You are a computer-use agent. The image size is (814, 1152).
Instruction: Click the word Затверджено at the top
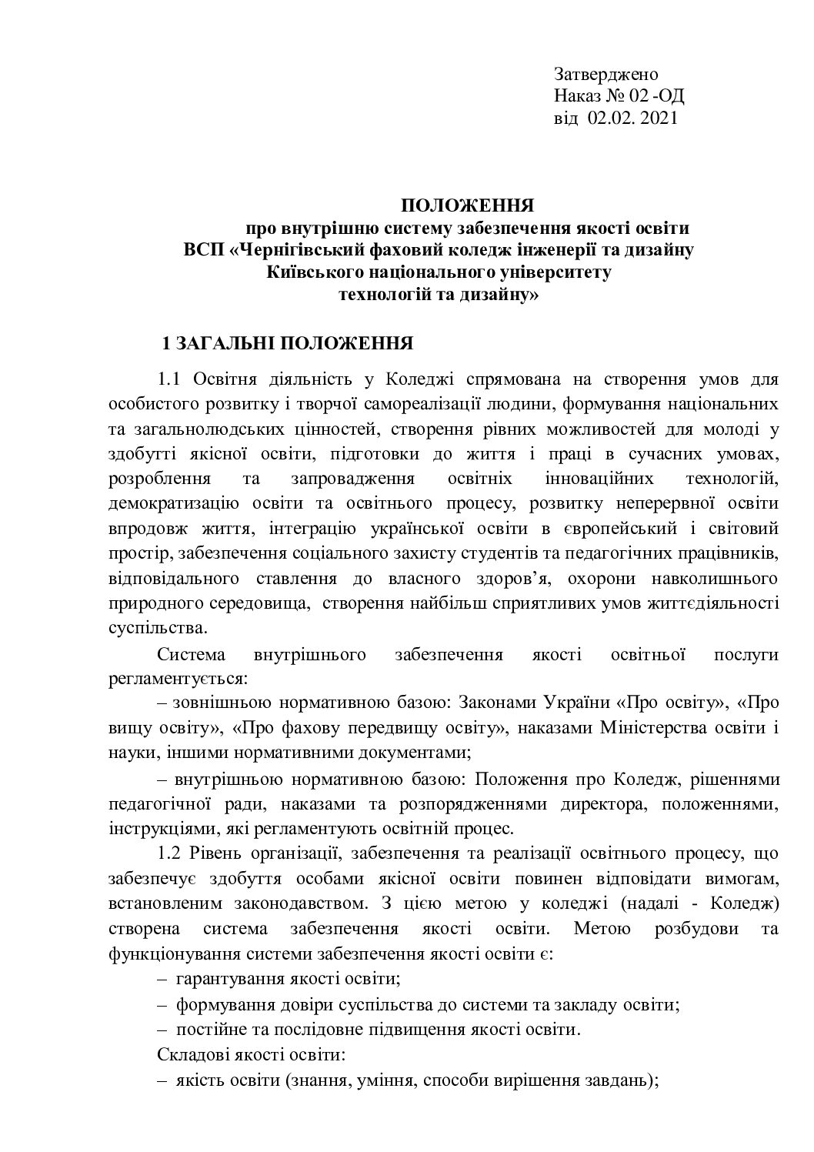(606, 74)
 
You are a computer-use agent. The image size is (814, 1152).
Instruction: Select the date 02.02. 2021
(632, 118)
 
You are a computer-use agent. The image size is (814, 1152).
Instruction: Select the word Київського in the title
(310, 272)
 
